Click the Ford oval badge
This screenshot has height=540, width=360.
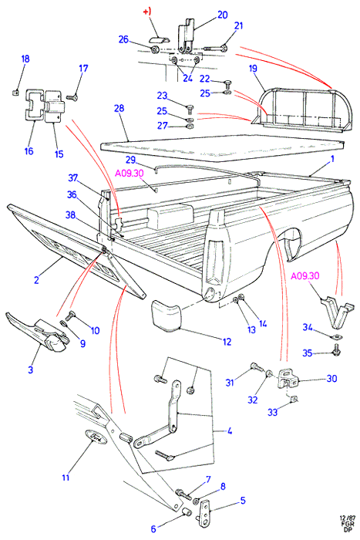click(x=96, y=437)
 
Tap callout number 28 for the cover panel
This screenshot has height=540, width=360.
click(x=119, y=109)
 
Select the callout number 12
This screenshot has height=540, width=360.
click(x=227, y=342)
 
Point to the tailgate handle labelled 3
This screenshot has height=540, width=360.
click(x=38, y=332)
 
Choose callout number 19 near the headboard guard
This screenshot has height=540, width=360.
click(x=253, y=69)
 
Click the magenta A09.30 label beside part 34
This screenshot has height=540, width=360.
click(x=305, y=276)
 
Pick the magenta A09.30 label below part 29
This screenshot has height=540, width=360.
click(x=129, y=174)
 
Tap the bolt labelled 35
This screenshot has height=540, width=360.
click(x=336, y=350)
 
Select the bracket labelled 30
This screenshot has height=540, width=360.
click(x=286, y=379)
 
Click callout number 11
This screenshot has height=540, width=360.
click(x=66, y=478)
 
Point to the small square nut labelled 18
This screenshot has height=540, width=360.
click(x=15, y=92)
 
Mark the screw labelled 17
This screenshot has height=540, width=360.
click(x=72, y=98)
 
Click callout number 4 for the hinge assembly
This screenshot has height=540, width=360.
click(x=229, y=430)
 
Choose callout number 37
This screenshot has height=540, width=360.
click(x=73, y=177)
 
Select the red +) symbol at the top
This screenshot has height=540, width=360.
click(x=147, y=12)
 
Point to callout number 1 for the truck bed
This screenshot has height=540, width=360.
click(x=332, y=159)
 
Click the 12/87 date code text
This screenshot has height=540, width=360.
click(x=347, y=518)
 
